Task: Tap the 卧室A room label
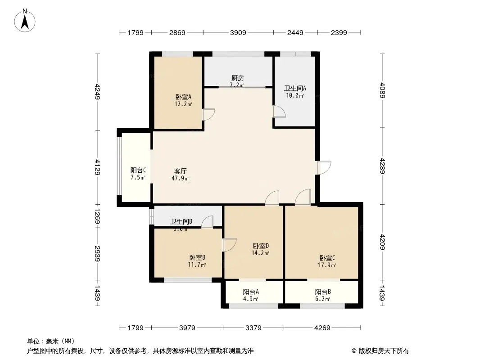coord(183,97)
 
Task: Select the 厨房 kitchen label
coord(237,78)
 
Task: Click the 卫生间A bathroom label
coord(295,89)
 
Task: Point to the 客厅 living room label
coord(181,171)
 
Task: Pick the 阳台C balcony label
coord(138,171)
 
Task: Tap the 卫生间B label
coord(181,221)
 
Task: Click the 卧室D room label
coord(261,246)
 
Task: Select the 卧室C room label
coord(327,258)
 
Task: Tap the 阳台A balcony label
coord(250,292)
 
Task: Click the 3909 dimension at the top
coord(238,32)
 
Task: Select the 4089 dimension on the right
coord(382,90)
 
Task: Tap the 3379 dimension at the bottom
coord(254,328)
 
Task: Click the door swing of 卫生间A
coord(278,112)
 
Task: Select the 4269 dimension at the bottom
coord(322,328)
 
